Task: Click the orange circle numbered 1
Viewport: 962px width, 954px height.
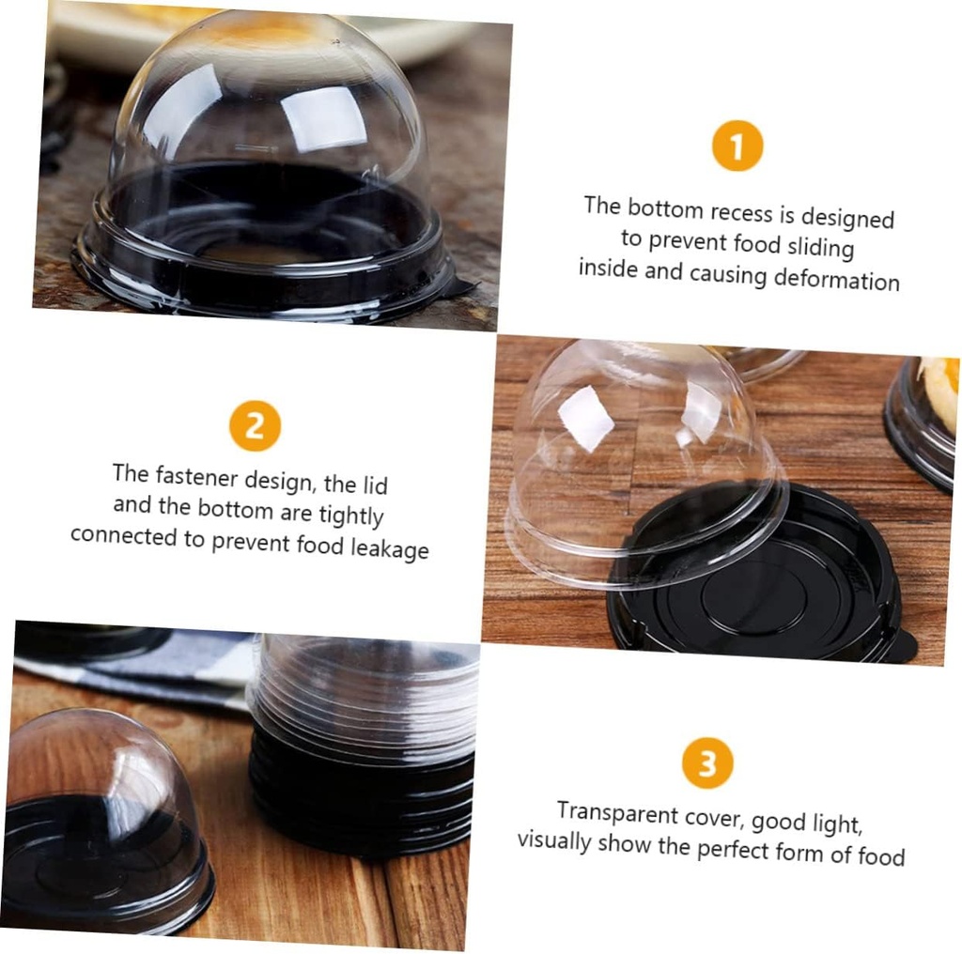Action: coord(737,146)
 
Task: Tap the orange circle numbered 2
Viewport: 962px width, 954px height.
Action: coord(255,425)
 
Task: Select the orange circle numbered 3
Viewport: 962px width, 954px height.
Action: coord(707,762)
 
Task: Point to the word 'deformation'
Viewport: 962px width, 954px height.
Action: coord(836,279)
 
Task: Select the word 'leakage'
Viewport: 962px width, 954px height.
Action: coord(389,547)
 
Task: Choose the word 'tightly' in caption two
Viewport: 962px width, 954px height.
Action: coord(350,515)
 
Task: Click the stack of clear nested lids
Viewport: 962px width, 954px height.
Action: coord(365,685)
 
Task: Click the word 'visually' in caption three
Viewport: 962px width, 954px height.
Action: coord(553,839)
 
